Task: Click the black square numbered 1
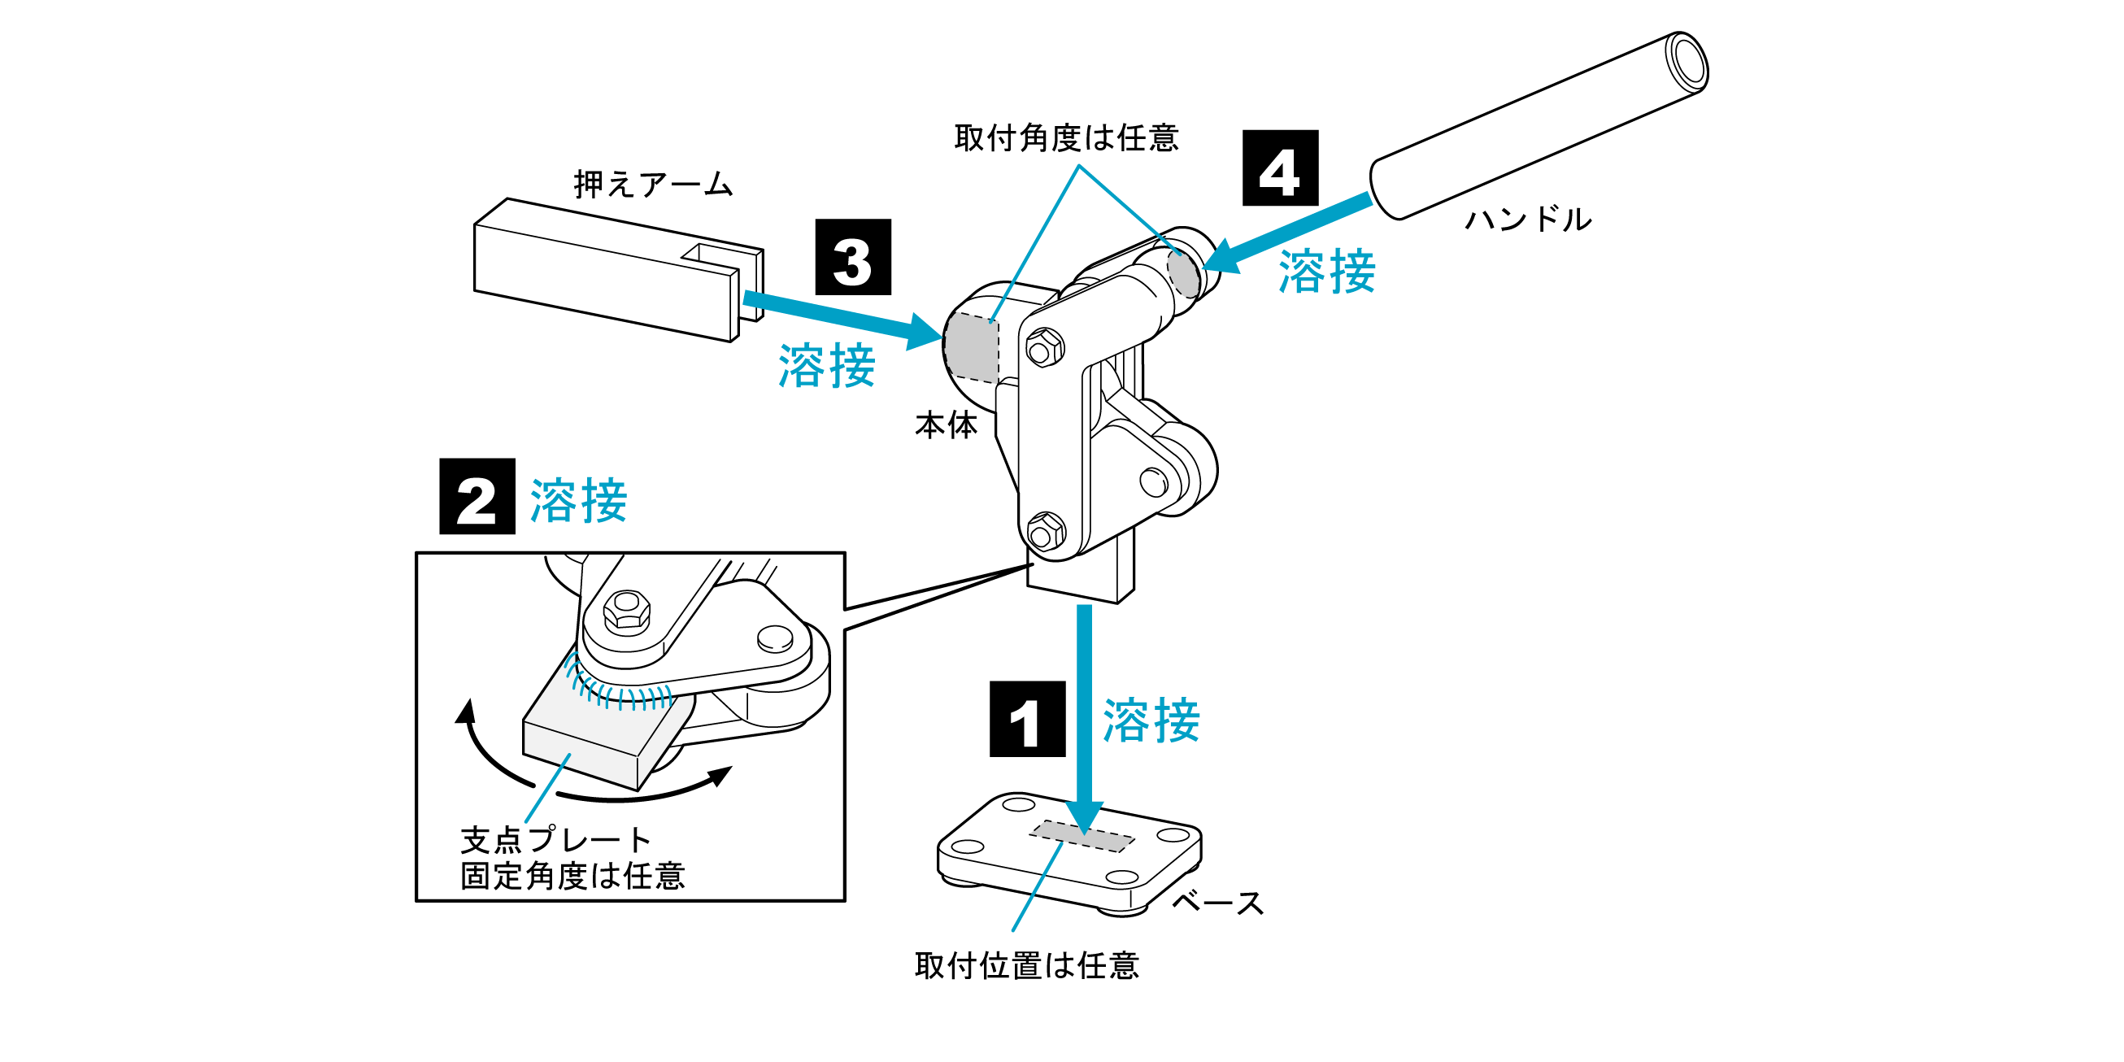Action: point(1026,718)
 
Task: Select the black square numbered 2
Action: point(477,496)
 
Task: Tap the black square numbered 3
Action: point(852,256)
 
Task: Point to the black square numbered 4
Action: point(1280,168)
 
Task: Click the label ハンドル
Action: point(1528,220)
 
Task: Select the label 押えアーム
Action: point(653,184)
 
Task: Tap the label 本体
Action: point(946,425)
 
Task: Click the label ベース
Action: point(1217,903)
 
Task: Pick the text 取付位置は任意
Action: point(1026,965)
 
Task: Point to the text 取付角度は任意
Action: point(1066,137)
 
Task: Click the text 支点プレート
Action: point(555,839)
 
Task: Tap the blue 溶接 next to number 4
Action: point(1326,272)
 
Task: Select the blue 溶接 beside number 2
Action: point(578,500)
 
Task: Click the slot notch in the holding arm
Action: point(719,256)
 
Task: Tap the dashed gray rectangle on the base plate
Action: point(1081,835)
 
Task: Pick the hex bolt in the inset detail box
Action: point(627,611)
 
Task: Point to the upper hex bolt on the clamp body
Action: point(1044,348)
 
